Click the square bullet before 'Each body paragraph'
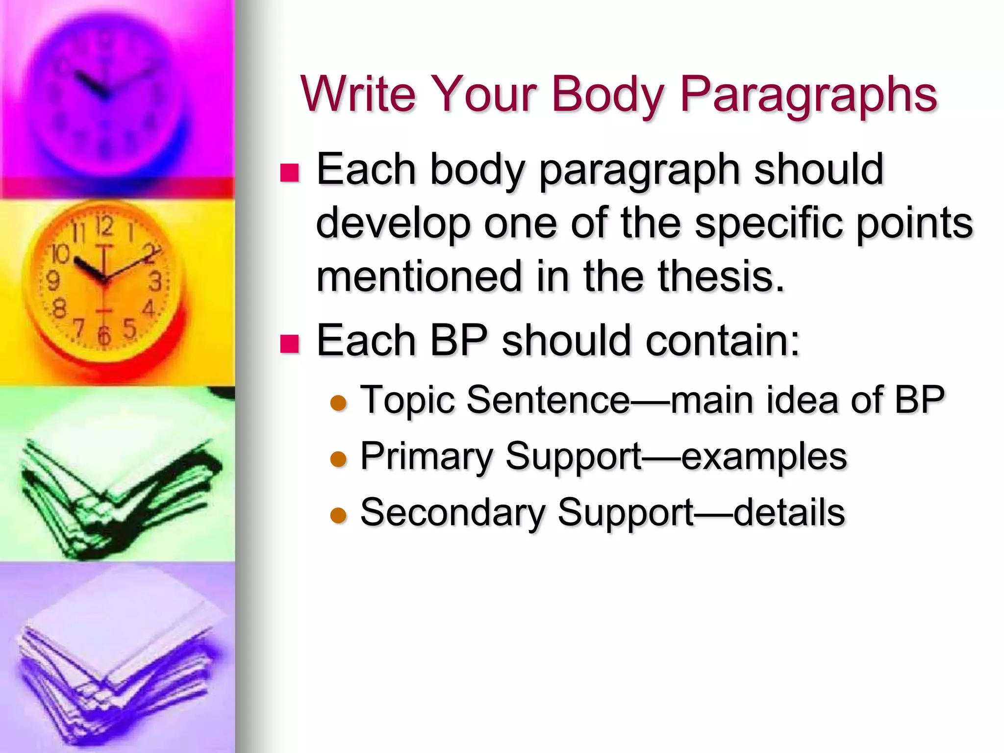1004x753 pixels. (289, 173)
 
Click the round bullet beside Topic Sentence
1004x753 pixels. (338, 403)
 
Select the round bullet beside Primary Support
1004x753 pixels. (338, 459)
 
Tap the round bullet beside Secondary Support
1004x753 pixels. (338, 515)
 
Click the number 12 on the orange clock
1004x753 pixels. (104, 226)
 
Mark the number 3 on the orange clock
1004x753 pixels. (155, 282)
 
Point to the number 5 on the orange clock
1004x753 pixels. (129, 329)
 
